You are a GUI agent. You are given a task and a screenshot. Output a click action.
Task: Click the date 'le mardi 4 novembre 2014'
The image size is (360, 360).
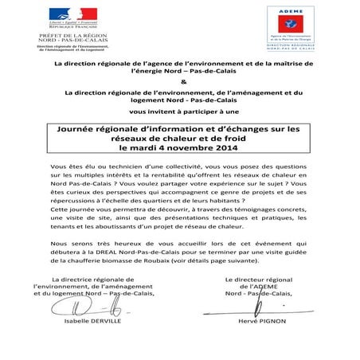coord(179,149)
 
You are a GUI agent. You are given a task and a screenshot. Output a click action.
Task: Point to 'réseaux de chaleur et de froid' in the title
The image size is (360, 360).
coord(179,138)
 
